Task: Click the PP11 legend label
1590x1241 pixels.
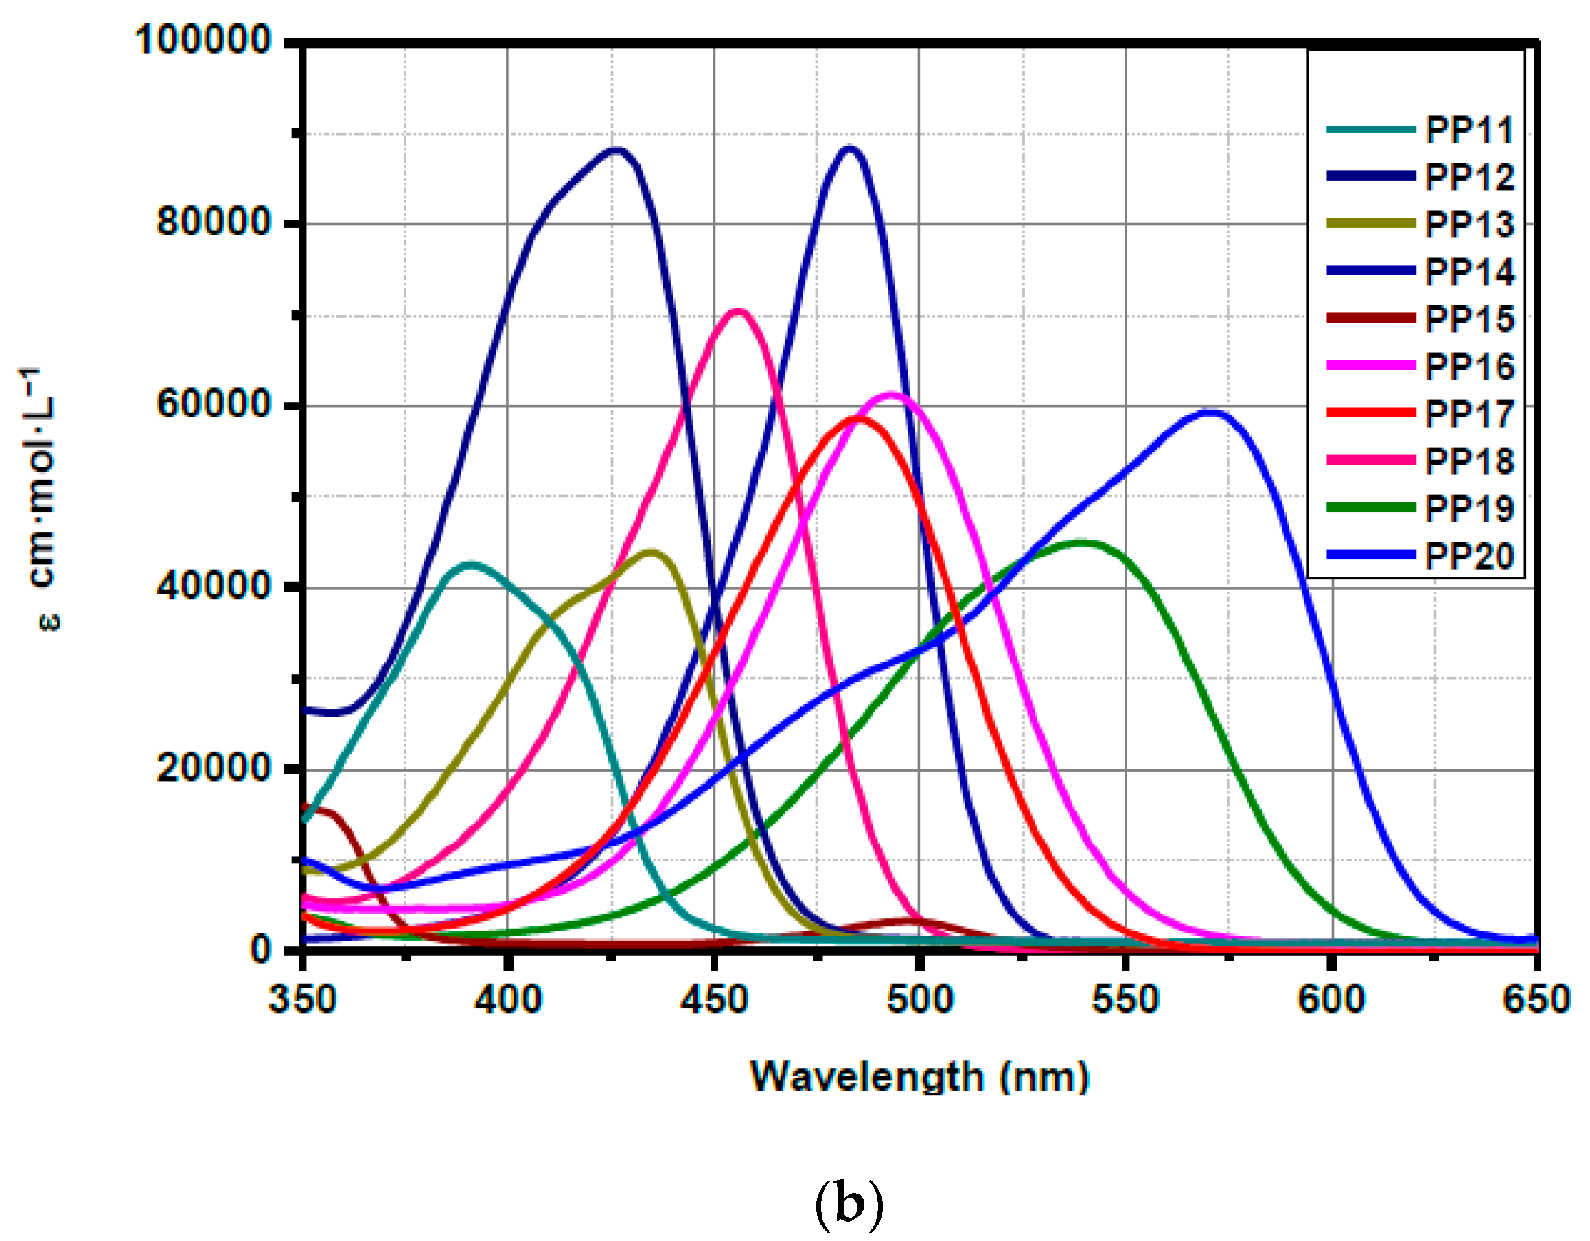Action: (x=1468, y=131)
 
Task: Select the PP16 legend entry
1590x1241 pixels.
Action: (x=1468, y=367)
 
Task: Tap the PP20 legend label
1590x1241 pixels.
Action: (x=1468, y=556)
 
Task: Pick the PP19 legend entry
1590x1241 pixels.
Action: (x=1468, y=509)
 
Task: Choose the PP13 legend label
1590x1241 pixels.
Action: (x=1468, y=225)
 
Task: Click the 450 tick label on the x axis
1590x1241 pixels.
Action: (x=714, y=1000)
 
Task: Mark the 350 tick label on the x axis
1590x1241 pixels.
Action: (x=302, y=1000)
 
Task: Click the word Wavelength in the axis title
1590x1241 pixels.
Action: (x=867, y=1077)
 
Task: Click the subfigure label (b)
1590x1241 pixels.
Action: (x=848, y=1204)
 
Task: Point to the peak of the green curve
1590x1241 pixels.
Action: (x=1083, y=543)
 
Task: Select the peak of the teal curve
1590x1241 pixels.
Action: (x=472, y=565)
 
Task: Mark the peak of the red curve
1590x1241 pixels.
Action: (x=860, y=419)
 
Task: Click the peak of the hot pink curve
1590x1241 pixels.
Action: (x=737, y=312)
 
